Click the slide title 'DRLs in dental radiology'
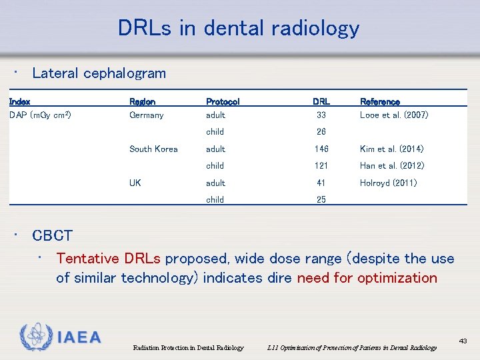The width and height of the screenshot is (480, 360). (239, 28)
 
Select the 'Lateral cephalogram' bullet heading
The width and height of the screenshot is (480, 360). (99, 73)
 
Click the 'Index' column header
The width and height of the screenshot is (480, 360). (19, 102)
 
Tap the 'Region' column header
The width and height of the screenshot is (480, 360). (142, 102)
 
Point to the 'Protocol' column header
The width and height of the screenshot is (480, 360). (223, 102)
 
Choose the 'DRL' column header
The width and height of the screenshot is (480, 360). (321, 102)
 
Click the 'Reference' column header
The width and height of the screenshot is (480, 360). (380, 102)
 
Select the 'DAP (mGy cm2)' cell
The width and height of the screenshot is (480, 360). (40, 115)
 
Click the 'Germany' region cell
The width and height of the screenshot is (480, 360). (146, 115)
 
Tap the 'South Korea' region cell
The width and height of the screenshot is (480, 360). (153, 149)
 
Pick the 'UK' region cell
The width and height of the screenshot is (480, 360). (135, 183)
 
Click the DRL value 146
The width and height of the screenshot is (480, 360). (321, 149)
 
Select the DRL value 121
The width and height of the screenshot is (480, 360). (321, 166)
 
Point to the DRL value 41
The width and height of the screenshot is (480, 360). (321, 183)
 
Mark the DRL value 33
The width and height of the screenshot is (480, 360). (321, 115)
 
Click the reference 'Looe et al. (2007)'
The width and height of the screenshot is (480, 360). (394, 115)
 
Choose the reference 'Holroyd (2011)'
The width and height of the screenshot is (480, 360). (388, 183)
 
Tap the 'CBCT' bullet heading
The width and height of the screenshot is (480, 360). (52, 235)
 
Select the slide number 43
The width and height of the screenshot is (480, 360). (463, 341)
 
